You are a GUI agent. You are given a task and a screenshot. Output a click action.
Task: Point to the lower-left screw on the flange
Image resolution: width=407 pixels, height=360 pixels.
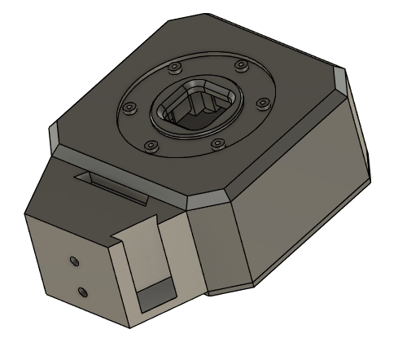(x=151, y=147)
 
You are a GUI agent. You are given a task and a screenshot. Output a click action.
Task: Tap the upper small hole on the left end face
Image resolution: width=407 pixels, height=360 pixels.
(x=73, y=261)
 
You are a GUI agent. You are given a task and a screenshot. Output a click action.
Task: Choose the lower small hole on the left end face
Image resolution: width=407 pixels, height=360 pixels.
(x=81, y=291)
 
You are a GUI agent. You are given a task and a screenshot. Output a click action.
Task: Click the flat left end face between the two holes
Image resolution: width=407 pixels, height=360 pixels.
(x=77, y=275)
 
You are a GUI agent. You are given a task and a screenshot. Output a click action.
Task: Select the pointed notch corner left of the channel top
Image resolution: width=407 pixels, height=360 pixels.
(x=113, y=239)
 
